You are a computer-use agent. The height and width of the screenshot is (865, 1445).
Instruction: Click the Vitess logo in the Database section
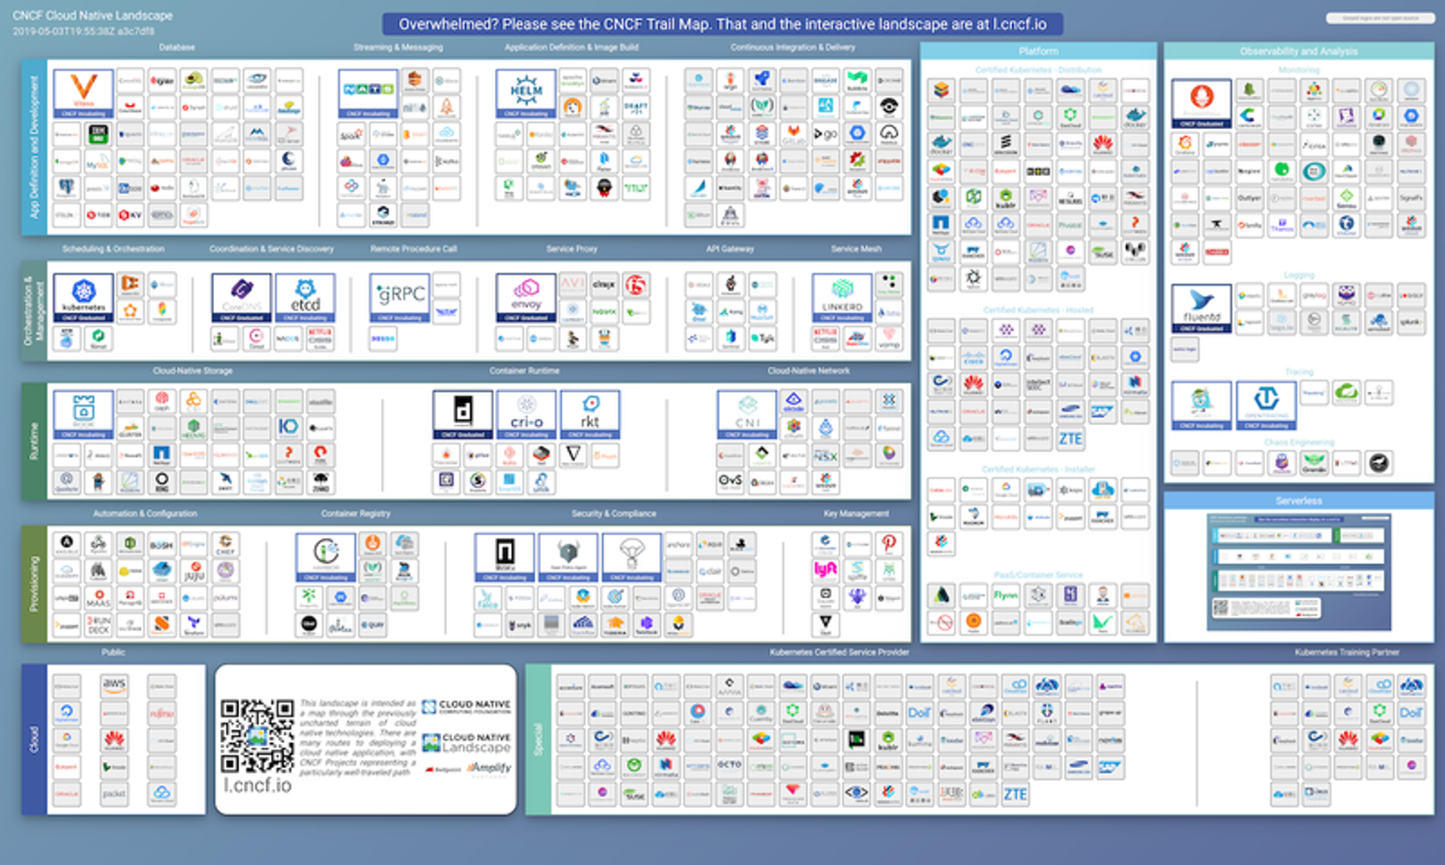(83, 92)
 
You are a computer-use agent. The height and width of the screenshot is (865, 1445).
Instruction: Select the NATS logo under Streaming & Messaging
(368, 92)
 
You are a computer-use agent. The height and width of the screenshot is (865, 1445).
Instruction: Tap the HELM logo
(526, 92)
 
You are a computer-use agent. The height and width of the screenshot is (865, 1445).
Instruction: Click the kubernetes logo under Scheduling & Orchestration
(83, 296)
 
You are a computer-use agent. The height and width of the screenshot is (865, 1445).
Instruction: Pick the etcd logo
(304, 296)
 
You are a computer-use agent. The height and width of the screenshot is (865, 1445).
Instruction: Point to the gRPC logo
(399, 296)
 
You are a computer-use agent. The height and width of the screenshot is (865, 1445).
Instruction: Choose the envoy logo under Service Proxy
(526, 296)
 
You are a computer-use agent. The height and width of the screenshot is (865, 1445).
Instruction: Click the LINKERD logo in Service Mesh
(842, 296)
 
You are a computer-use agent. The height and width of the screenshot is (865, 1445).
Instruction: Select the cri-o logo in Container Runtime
(526, 413)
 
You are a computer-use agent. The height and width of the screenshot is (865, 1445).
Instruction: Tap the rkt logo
(590, 413)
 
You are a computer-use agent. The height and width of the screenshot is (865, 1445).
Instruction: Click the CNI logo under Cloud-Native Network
(747, 413)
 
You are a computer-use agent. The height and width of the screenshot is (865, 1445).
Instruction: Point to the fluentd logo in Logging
(1201, 307)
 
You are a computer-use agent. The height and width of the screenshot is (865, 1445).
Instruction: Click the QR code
(258, 735)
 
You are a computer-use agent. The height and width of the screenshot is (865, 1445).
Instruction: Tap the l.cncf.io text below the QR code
(258, 785)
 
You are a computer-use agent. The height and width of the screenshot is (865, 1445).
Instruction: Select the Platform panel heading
(1038, 51)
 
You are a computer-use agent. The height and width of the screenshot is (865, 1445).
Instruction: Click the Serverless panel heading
(1298, 501)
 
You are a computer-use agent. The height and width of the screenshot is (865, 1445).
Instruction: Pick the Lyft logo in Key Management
(825, 570)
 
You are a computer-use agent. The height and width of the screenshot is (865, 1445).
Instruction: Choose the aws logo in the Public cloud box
(114, 685)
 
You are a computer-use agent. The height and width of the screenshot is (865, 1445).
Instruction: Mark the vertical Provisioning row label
(34, 583)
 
